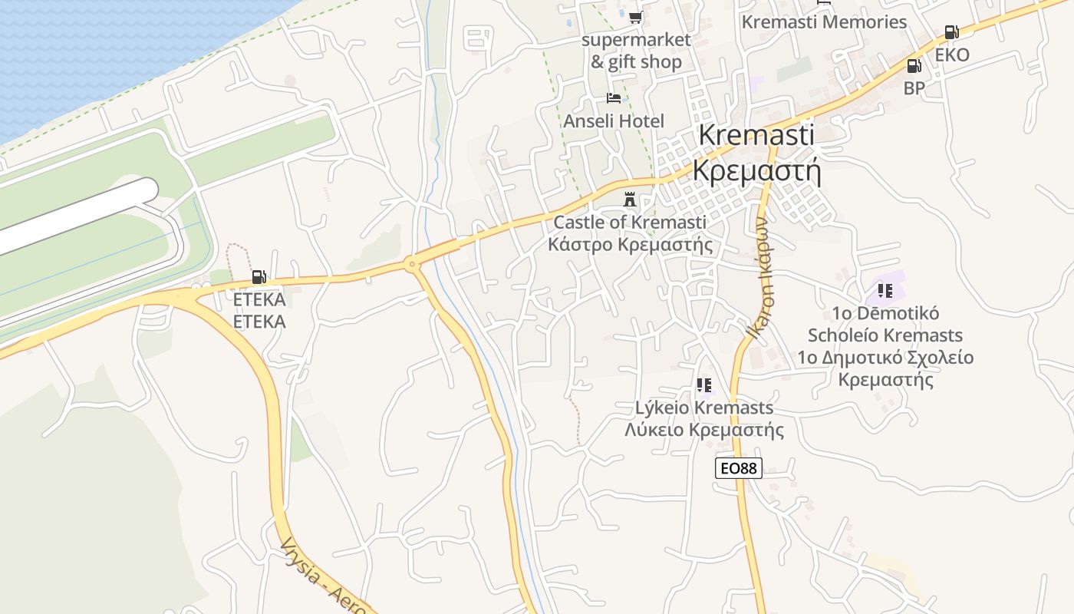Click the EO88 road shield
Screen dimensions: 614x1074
(x=738, y=467)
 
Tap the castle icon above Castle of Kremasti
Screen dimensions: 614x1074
(x=630, y=200)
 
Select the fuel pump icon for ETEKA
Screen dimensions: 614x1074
(x=259, y=277)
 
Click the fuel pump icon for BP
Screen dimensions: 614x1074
(x=914, y=66)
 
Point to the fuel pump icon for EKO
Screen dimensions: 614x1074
(x=951, y=32)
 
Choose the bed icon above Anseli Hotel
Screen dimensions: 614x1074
(x=613, y=98)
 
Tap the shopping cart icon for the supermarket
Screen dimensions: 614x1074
(x=635, y=17)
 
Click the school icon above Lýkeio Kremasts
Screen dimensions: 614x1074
(x=704, y=385)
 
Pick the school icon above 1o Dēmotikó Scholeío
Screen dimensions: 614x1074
(x=885, y=291)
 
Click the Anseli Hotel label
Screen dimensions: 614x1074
(x=614, y=121)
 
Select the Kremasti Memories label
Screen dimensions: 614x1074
(x=824, y=22)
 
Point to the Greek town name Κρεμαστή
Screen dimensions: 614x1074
(x=756, y=170)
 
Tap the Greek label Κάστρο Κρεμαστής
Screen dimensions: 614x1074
(x=630, y=245)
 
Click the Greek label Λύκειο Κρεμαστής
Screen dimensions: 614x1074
(x=704, y=429)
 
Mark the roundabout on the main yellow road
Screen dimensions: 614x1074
(x=413, y=265)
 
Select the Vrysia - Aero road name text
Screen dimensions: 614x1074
(x=322, y=576)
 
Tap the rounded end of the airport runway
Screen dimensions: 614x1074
(x=150, y=190)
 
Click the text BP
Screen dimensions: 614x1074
(x=914, y=88)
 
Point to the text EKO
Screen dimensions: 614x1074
(x=951, y=55)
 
